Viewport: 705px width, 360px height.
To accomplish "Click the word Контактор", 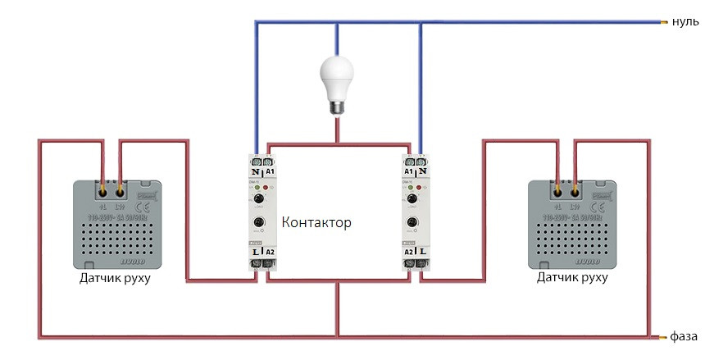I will click(316, 222).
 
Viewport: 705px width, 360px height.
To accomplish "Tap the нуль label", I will click(685, 22).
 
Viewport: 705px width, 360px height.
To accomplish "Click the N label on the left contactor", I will click(257, 173).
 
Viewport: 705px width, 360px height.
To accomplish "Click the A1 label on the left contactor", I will click(271, 173).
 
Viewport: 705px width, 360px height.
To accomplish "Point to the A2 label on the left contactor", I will click(271, 251).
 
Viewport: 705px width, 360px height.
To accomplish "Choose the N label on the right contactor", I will click(421, 173).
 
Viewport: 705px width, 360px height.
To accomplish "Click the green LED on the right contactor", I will click(407, 188).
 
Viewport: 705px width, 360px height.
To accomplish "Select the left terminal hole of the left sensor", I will click(103, 191).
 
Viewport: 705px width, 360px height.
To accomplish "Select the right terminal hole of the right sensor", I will click(575, 191).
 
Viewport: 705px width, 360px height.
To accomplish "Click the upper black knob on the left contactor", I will click(260, 199).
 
